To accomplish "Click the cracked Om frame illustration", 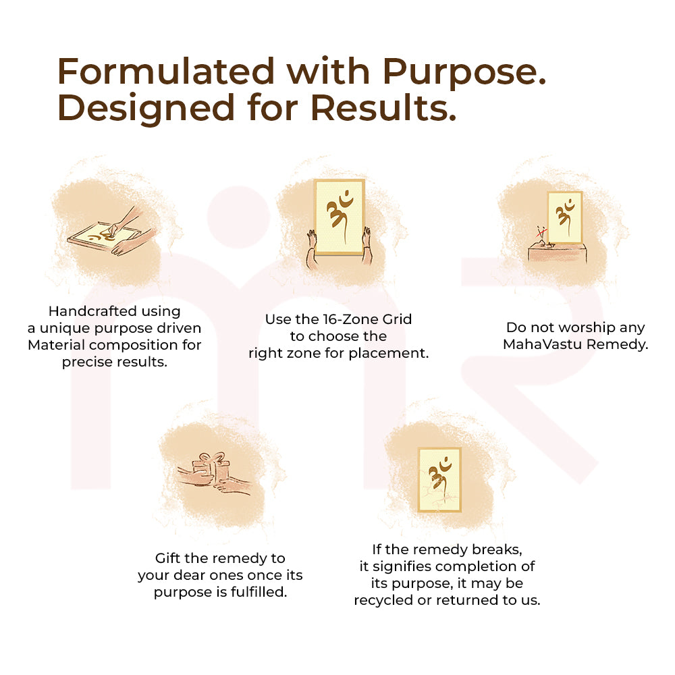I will (x=439, y=479).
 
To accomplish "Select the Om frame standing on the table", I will (x=564, y=217).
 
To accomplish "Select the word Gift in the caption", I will (x=169, y=558).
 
